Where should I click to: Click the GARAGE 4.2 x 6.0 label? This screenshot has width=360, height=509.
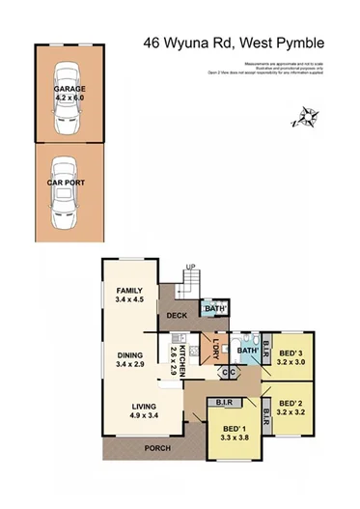coord(69,93)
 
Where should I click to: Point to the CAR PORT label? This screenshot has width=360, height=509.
coord(69,181)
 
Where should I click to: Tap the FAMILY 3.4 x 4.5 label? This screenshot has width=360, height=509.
coord(129,296)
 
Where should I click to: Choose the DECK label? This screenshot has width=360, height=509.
coord(177,315)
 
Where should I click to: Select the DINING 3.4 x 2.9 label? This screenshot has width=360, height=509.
coord(128,359)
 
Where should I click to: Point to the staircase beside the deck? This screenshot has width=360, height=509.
coord(193,283)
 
